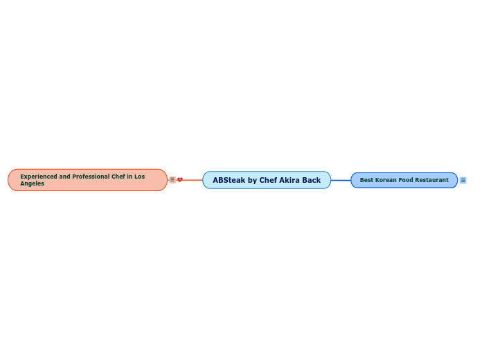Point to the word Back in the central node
click(x=312, y=180)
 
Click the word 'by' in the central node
click(x=252, y=180)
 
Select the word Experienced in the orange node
click(x=39, y=177)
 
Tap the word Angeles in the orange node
click(x=32, y=183)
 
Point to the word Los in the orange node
click(x=140, y=177)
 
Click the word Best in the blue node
click(x=366, y=180)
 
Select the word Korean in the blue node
click(x=386, y=180)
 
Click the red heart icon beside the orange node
click(x=180, y=180)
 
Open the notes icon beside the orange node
click(x=172, y=180)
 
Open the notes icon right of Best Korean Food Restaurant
click(x=463, y=180)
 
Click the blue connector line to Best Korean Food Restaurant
click(x=341, y=180)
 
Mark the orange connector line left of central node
click(x=193, y=180)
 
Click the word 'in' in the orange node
click(x=130, y=177)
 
